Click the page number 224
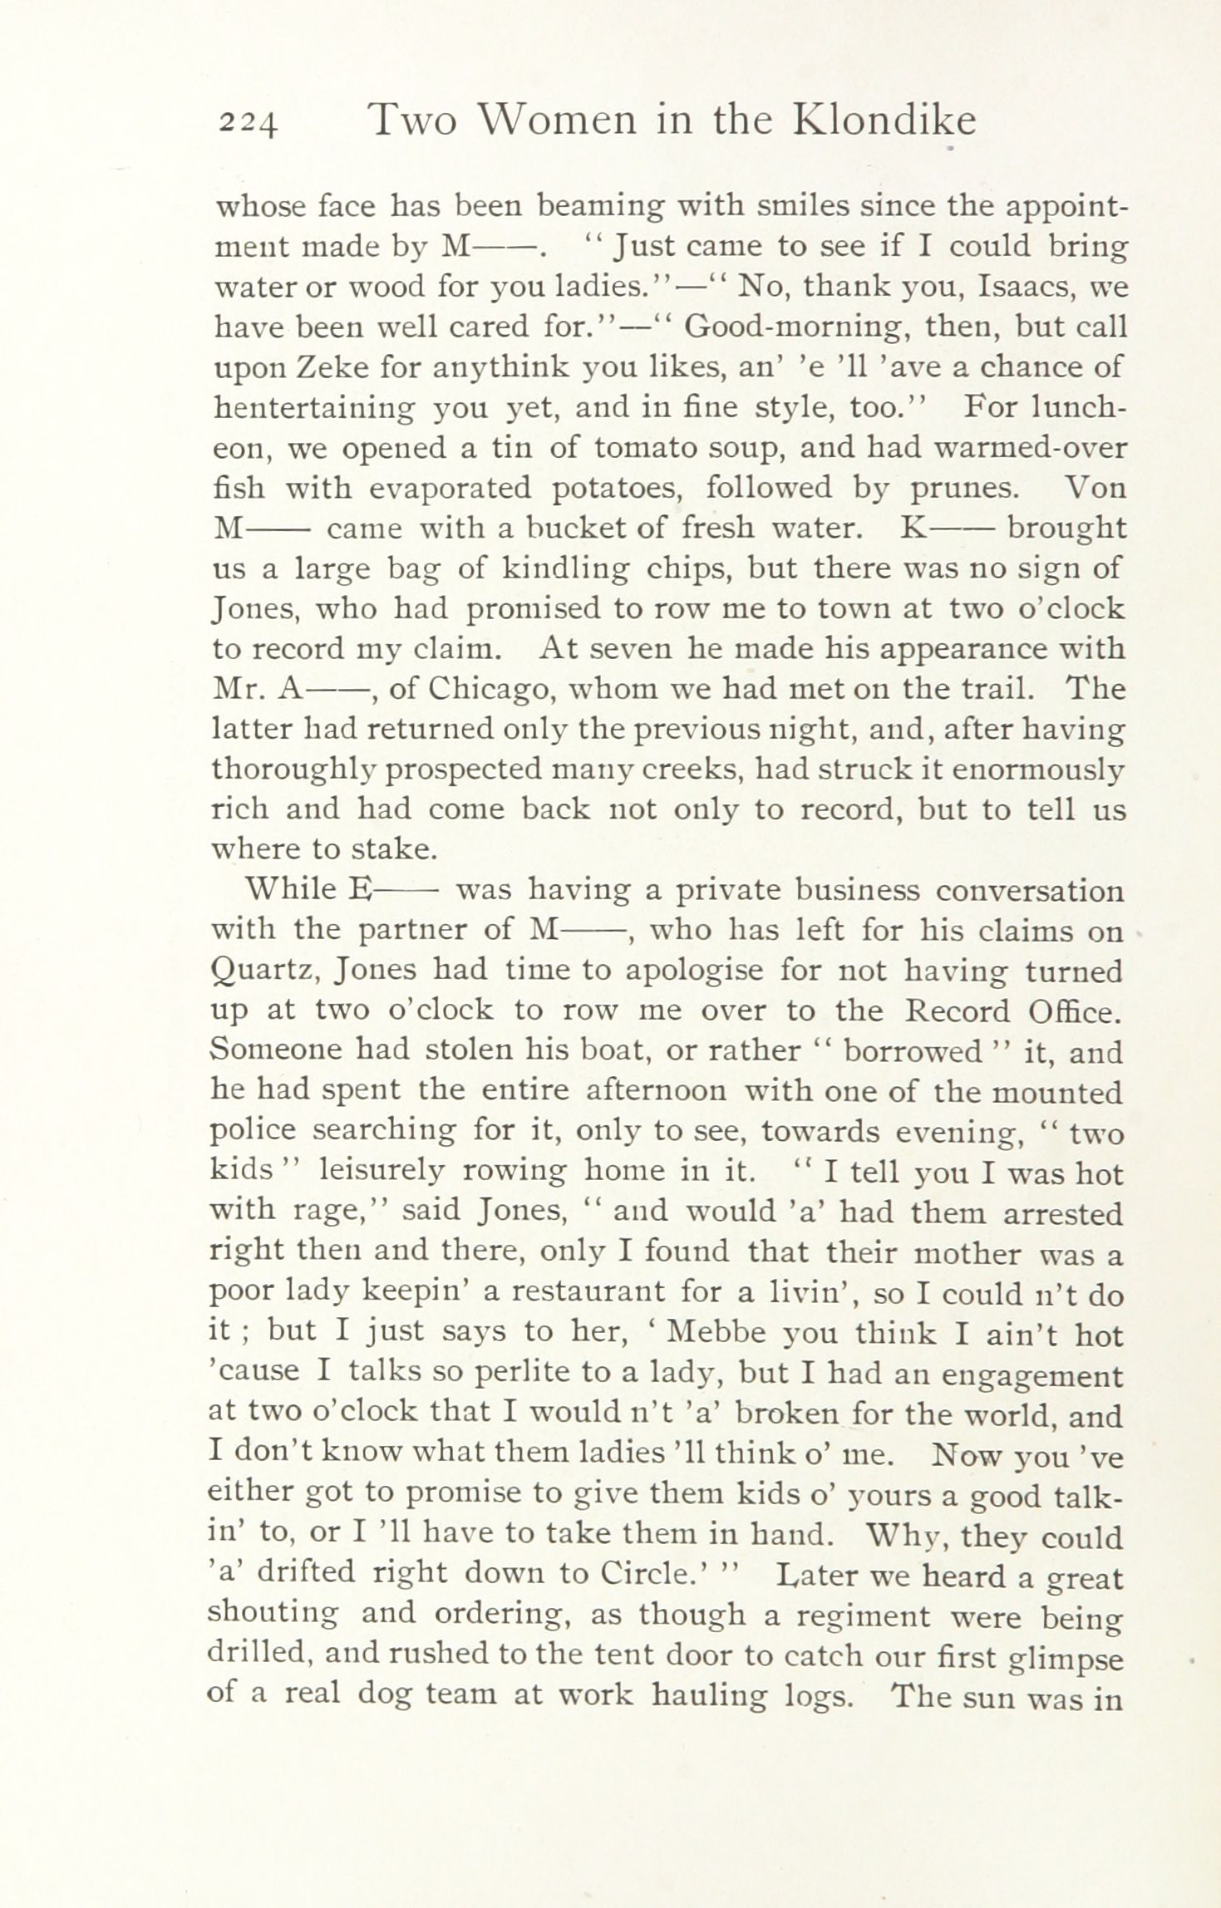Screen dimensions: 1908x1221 click(x=247, y=123)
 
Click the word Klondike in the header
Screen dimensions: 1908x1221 click(x=884, y=120)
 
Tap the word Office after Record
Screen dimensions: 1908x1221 click(x=1074, y=1011)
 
